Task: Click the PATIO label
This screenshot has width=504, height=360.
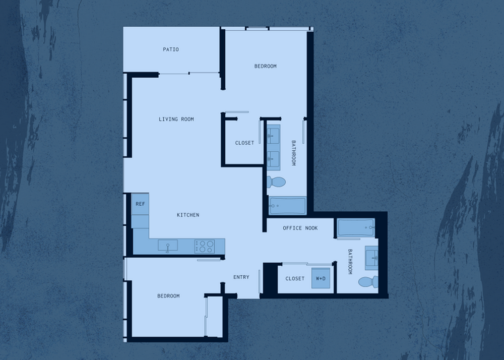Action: (171, 49)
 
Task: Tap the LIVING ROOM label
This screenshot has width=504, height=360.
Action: (176, 119)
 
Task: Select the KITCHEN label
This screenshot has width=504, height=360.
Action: (188, 215)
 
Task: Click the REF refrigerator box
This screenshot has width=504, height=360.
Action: (140, 204)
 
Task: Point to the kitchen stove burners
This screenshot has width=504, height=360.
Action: (205, 247)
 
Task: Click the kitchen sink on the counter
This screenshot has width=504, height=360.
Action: (167, 246)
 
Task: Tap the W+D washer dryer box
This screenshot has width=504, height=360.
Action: (321, 278)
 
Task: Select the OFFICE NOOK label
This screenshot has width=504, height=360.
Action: (300, 228)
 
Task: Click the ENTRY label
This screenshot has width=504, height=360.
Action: (241, 277)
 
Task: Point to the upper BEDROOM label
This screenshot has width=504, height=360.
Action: (266, 66)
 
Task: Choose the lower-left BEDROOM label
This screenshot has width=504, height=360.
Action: (168, 296)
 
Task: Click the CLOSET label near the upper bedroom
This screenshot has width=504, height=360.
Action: (244, 143)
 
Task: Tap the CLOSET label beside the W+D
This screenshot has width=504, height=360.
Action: (295, 279)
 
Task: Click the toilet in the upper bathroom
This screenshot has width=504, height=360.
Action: (276, 182)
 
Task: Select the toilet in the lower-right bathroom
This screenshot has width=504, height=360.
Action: (368, 282)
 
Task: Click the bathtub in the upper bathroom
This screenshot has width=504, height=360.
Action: (287, 206)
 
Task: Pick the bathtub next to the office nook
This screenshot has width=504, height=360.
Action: (356, 228)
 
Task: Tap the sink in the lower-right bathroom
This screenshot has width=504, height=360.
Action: (372, 258)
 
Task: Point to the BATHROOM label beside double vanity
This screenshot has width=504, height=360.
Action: (293, 153)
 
